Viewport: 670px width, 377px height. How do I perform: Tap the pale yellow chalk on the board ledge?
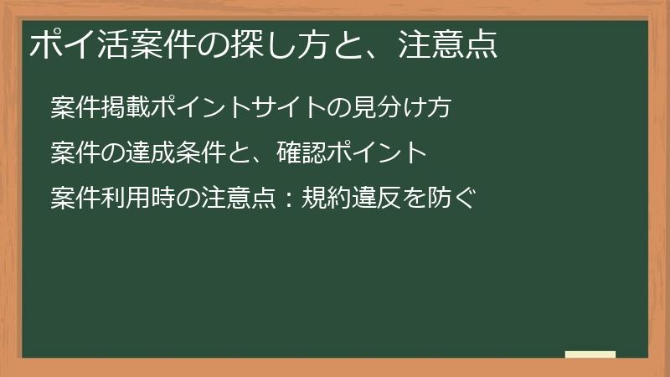point(590,354)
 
